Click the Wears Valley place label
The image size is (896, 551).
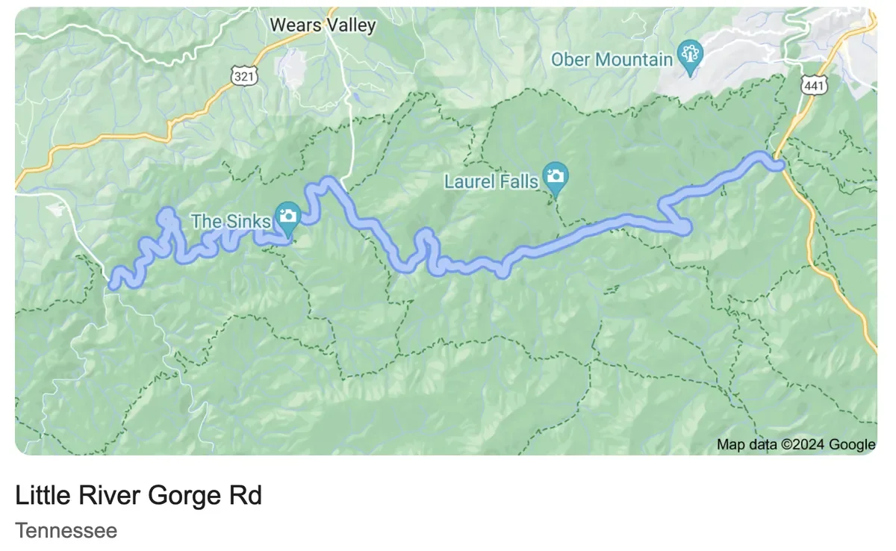click(x=323, y=25)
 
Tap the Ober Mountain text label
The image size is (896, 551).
click(x=612, y=59)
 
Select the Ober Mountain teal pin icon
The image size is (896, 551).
click(x=689, y=56)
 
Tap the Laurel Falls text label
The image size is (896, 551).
click(x=491, y=181)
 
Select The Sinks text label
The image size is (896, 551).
click(x=231, y=221)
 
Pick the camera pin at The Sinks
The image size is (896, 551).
click(x=288, y=218)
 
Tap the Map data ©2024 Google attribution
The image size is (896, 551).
click(x=795, y=445)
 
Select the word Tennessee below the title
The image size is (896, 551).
click(x=66, y=531)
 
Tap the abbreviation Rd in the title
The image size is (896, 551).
click(x=248, y=495)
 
